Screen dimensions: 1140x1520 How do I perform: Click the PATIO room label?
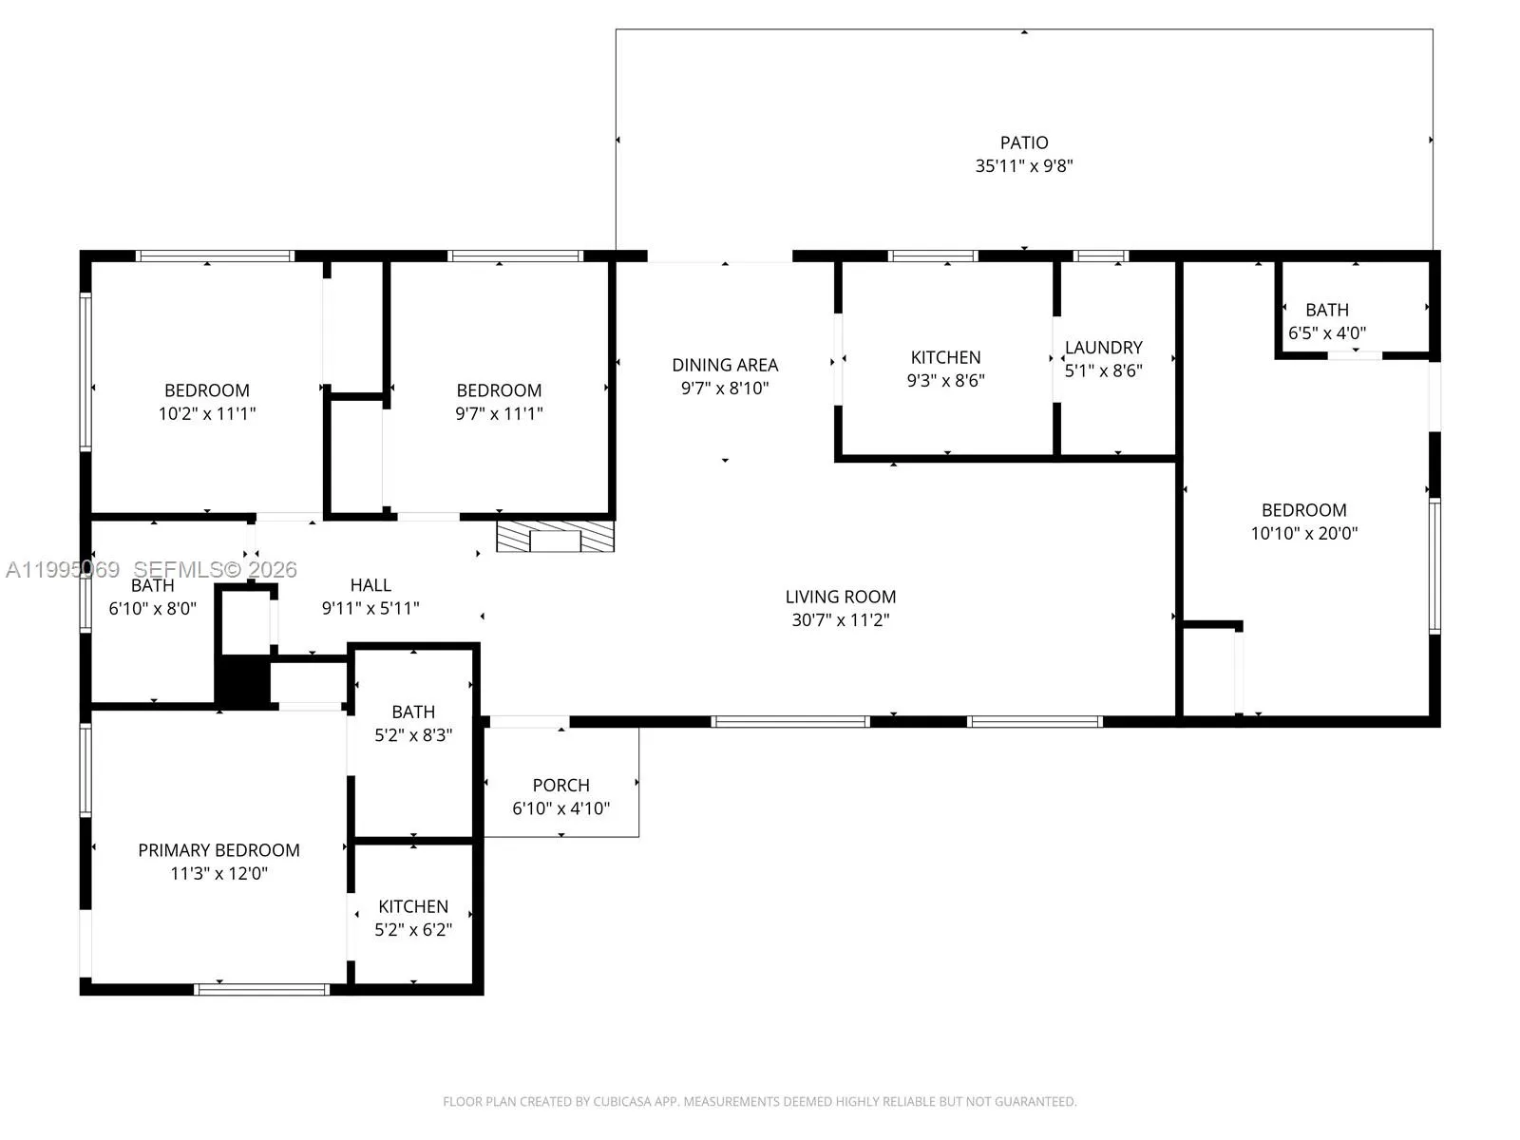click(x=1024, y=142)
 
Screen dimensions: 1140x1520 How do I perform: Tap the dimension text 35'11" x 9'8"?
click(x=1024, y=165)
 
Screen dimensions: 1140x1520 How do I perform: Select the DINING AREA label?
click(x=725, y=365)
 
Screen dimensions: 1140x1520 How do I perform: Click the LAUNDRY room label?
click(x=1103, y=348)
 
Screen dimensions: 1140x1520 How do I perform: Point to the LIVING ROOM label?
click(x=840, y=597)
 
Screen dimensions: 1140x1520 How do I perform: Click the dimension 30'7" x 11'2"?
click(x=840, y=619)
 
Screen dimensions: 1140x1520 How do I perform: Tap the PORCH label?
click(x=560, y=786)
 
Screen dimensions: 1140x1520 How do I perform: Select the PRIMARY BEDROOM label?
click(x=218, y=850)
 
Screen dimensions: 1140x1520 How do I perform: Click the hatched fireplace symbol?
click(x=556, y=537)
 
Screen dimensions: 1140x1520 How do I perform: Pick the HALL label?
click(x=370, y=585)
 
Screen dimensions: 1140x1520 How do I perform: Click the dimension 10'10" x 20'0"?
click(x=1303, y=533)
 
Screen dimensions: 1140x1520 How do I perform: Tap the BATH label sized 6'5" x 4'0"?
click(x=1326, y=310)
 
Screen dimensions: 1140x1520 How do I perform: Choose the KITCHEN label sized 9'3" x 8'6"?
click(x=945, y=357)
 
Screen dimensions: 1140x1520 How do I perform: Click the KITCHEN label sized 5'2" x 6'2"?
click(x=413, y=906)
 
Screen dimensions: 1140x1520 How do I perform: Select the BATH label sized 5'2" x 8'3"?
click(x=413, y=712)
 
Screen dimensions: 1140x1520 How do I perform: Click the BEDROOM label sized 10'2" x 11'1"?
click(x=207, y=390)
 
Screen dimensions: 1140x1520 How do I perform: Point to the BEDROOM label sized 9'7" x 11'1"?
click(x=499, y=390)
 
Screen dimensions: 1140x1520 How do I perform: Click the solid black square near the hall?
click(x=243, y=680)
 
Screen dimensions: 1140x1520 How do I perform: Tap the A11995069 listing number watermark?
click(x=63, y=570)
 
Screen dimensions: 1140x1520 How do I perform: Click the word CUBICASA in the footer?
click(x=622, y=1102)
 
